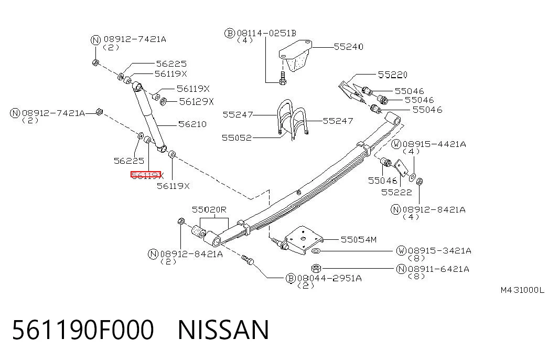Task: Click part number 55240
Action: point(348,47)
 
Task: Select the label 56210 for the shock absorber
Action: point(192,124)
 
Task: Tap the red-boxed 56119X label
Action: point(146,175)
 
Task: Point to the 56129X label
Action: point(196,102)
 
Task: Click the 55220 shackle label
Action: point(392,75)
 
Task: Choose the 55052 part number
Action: point(237,138)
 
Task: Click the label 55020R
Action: point(209,209)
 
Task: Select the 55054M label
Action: point(359,240)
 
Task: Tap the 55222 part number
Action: point(396,193)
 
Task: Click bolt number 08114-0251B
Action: point(266,33)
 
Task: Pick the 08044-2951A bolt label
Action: point(329,278)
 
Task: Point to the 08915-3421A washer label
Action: point(439,251)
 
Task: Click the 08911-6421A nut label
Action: point(438,269)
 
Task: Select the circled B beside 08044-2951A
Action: point(291,279)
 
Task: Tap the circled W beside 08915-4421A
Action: point(396,144)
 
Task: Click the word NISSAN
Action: point(223,330)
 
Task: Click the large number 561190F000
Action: point(83,330)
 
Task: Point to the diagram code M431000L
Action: point(522,290)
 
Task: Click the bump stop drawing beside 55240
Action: point(295,56)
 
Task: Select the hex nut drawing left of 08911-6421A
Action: point(316,268)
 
